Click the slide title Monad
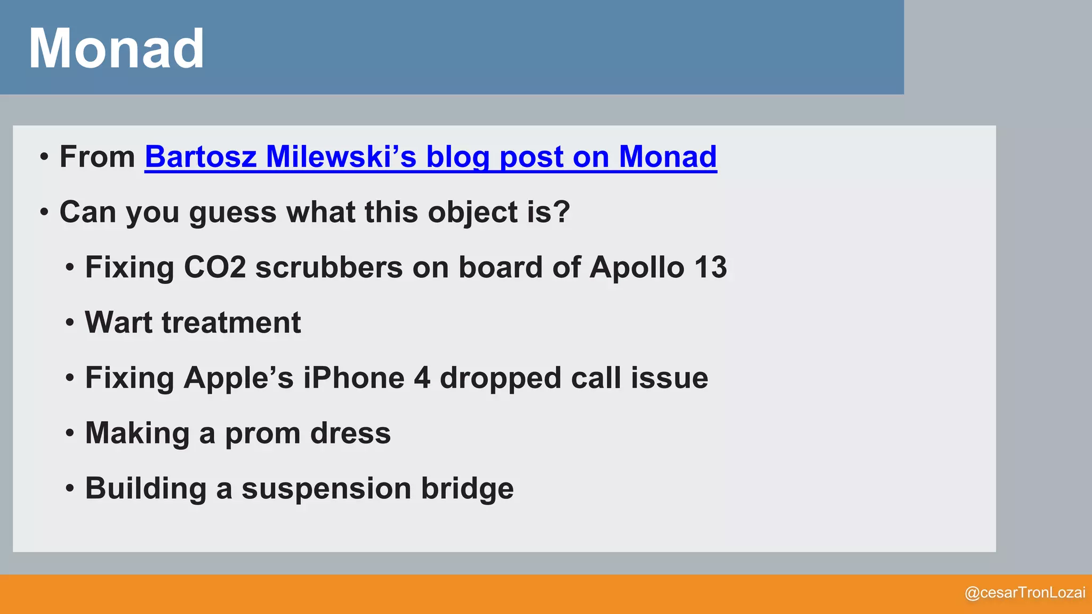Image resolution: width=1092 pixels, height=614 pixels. point(116,49)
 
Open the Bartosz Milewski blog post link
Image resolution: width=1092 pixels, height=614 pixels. point(430,157)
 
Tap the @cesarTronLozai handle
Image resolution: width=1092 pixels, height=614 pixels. point(1025,593)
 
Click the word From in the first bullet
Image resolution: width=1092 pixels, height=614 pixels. point(98,157)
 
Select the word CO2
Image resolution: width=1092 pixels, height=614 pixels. point(215,267)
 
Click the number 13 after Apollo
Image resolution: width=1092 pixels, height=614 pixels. point(710,267)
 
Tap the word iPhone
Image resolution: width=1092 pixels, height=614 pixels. point(354,378)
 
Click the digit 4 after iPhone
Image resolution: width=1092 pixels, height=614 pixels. point(422,378)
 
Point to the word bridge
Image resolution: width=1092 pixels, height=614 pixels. point(467,488)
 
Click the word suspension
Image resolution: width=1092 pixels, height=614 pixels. point(326,489)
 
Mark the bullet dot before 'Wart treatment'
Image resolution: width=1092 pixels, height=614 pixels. point(70,323)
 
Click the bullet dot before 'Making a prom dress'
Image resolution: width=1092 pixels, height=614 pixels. point(70,433)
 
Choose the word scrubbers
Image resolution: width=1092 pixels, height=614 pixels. point(329,267)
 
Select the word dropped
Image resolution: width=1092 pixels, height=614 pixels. point(500,379)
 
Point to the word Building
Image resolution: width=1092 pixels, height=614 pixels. point(146,489)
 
